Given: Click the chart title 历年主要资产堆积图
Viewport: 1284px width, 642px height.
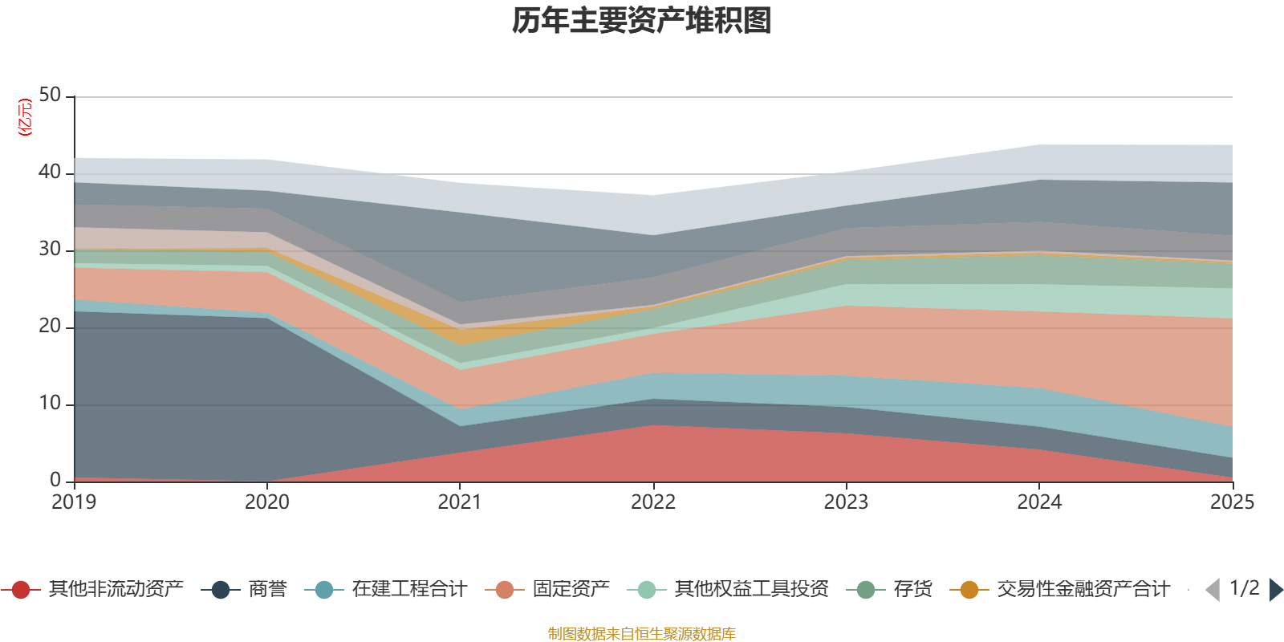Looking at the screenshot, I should [642, 21].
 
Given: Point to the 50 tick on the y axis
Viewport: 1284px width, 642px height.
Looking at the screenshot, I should [50, 95].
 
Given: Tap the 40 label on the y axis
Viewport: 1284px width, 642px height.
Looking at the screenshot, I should [50, 172].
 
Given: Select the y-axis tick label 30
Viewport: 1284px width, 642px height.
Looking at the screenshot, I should [50, 249].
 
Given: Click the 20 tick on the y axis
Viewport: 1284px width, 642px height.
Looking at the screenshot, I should [50, 326].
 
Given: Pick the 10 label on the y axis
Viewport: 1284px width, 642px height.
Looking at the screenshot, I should [50, 403].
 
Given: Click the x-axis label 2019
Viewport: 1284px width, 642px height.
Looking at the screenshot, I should [74, 502].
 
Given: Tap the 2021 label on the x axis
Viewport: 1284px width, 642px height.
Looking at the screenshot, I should [460, 502].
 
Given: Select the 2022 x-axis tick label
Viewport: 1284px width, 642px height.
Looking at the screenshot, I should [653, 502].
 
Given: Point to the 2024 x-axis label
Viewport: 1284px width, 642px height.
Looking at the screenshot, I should [1039, 502].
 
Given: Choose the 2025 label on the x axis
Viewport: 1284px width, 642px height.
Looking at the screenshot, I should [1231, 502].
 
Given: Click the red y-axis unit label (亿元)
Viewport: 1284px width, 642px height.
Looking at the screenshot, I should [25, 117].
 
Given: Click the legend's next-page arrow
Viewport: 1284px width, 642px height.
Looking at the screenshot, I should [1275, 590].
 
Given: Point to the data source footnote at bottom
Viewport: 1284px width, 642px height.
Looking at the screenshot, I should [642, 634].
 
